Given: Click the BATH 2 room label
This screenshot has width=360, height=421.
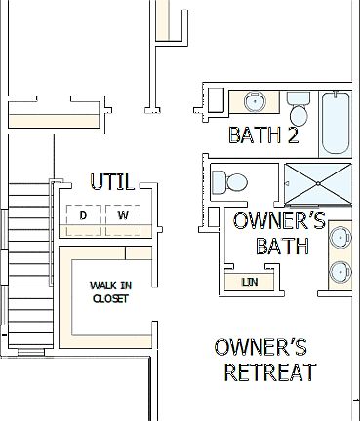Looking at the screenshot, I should [262, 134].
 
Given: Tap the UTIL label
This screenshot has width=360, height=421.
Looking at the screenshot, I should [111, 181].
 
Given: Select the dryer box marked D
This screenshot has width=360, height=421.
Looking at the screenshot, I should [83, 214].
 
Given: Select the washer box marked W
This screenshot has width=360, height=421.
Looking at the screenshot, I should [123, 214].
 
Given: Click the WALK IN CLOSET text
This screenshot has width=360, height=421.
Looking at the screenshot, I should [109, 291].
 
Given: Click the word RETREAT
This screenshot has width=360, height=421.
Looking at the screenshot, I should [269, 372].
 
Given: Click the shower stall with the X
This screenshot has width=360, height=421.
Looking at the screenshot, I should [320, 182].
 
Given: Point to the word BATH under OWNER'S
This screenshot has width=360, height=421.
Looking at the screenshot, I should [282, 247].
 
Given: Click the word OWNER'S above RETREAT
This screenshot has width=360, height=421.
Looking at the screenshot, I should [260, 347].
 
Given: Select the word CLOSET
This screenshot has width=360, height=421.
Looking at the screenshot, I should [109, 298].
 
